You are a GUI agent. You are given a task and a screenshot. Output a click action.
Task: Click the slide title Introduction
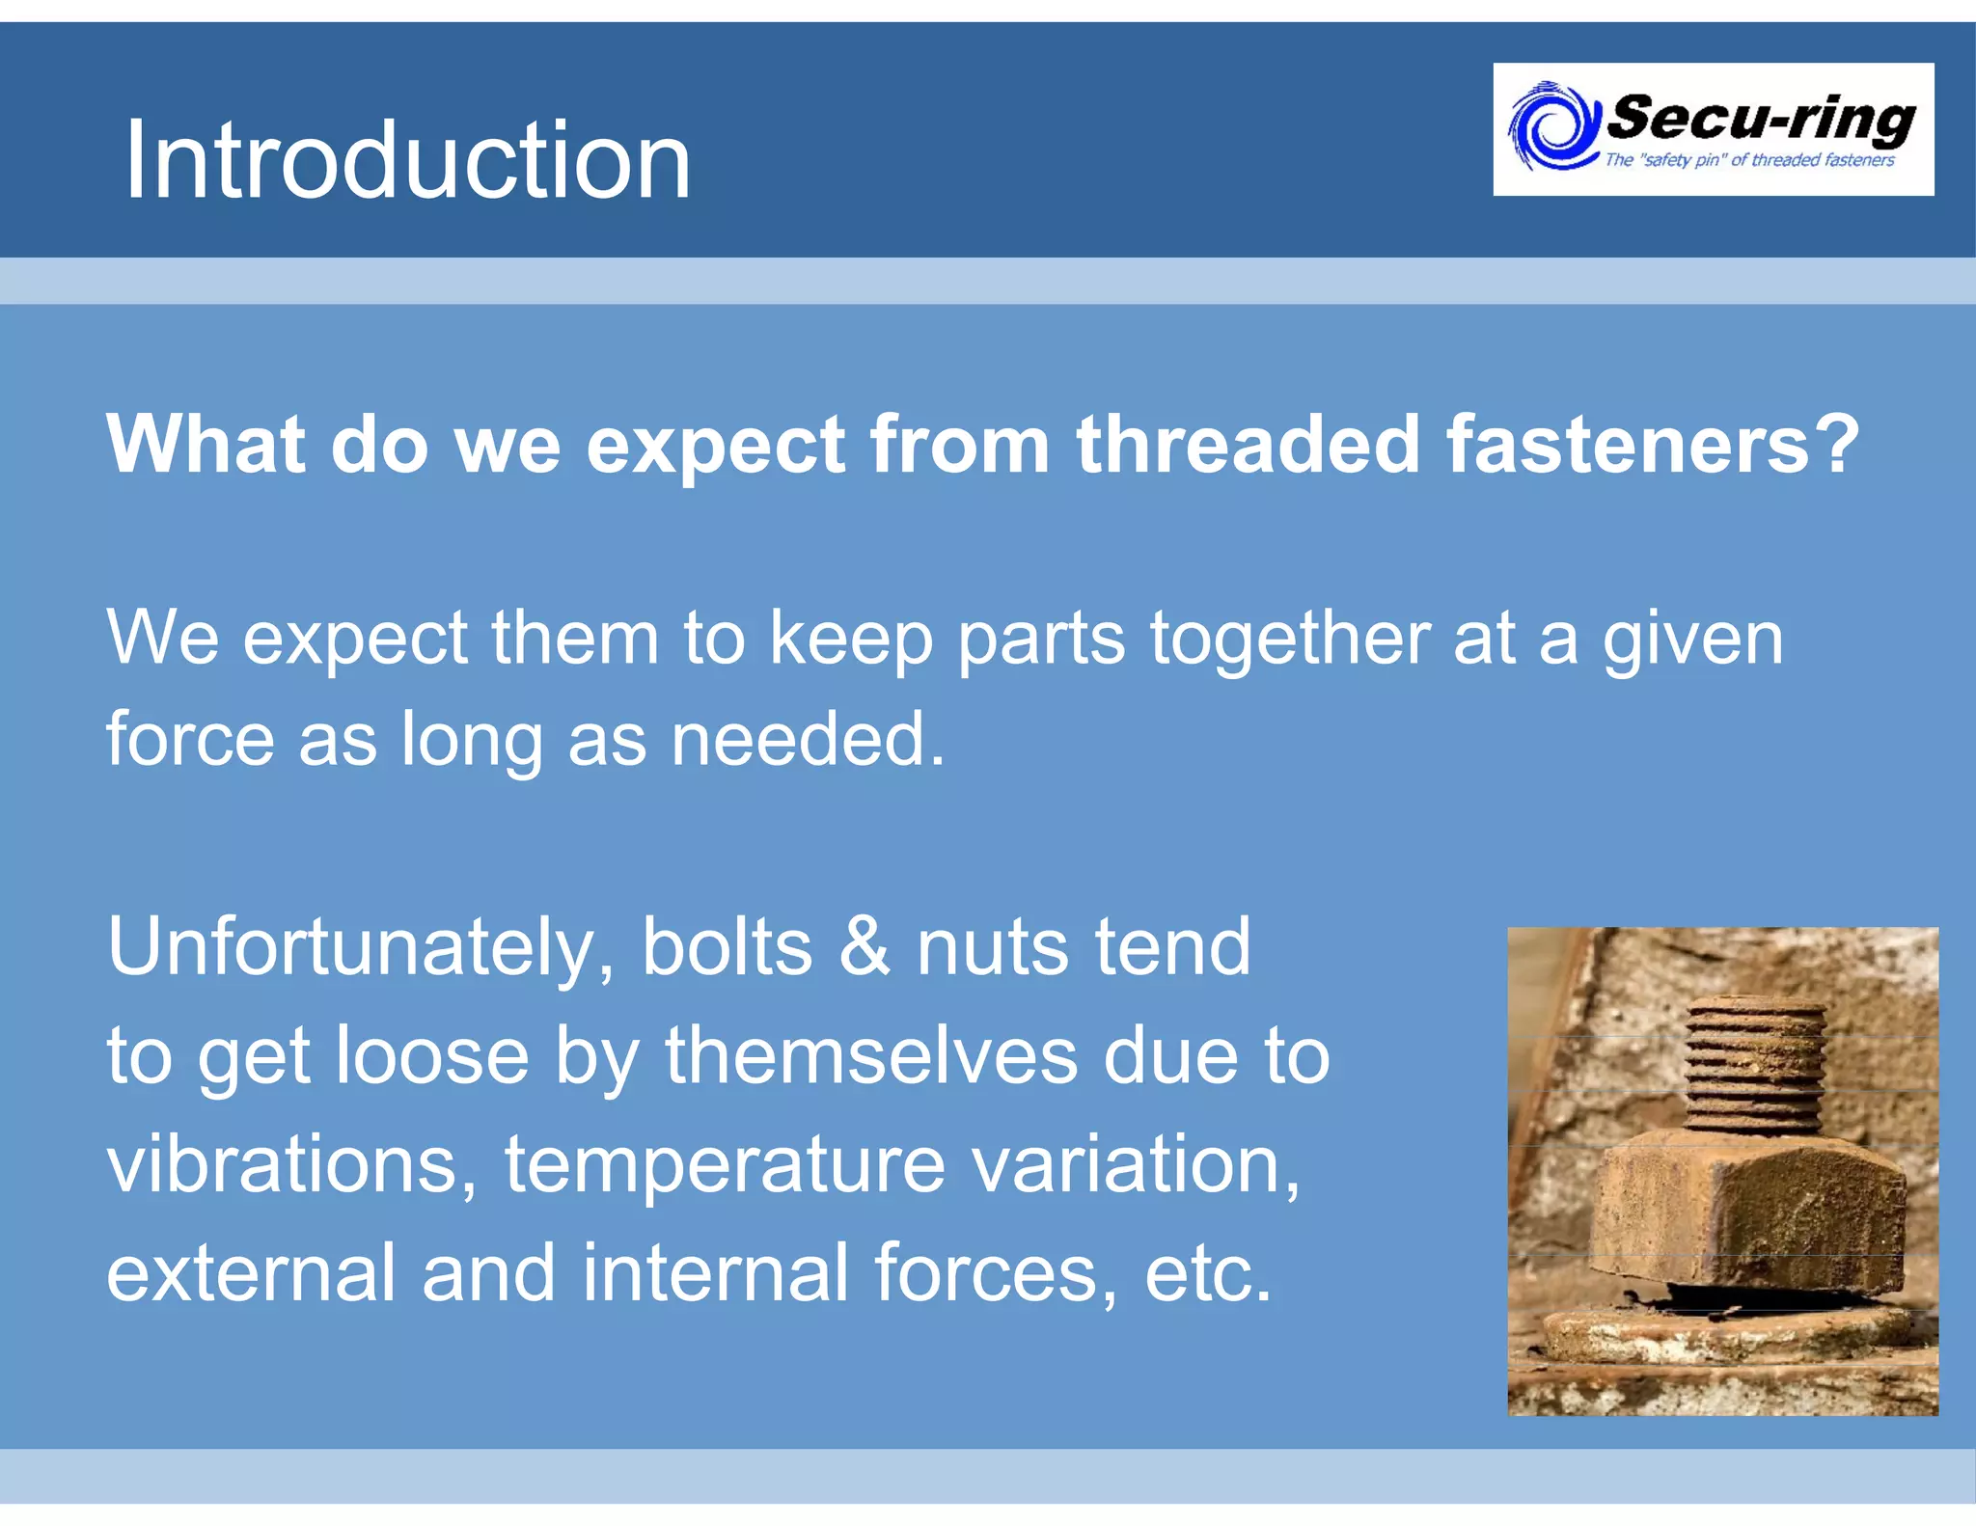coord(407,160)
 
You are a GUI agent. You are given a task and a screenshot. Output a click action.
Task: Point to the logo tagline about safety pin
coord(1748,160)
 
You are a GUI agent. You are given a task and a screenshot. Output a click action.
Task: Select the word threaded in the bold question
coord(1248,444)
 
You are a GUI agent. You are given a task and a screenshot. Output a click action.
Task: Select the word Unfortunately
coord(361,949)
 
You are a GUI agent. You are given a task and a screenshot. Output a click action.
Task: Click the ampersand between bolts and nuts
coord(864,947)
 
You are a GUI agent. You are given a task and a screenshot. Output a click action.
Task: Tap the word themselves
coord(871,1055)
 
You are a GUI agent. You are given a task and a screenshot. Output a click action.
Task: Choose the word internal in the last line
coord(715,1272)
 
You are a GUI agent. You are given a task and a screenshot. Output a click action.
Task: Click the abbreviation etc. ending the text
coord(1208,1274)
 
